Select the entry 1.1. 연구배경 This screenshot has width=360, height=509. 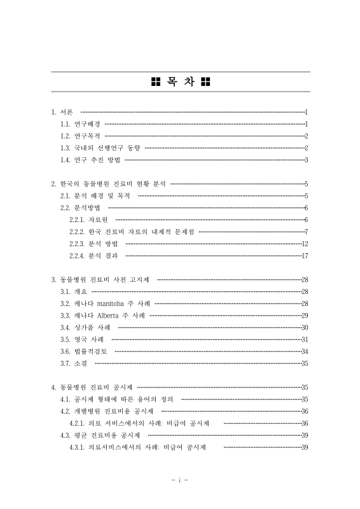coord(80,123)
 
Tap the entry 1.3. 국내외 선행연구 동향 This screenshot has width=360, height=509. coord(100,148)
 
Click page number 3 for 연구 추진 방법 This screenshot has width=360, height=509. coord(306,160)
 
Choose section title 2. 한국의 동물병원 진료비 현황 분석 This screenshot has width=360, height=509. coord(108,183)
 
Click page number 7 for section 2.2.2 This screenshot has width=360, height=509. coord(306,232)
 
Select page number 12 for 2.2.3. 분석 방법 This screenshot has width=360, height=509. coord(305,244)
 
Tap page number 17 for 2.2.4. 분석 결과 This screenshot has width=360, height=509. coord(305,256)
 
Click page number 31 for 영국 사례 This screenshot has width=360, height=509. coord(305,339)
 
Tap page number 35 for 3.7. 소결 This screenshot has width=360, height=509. coord(305,363)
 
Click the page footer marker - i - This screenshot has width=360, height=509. coord(180,480)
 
